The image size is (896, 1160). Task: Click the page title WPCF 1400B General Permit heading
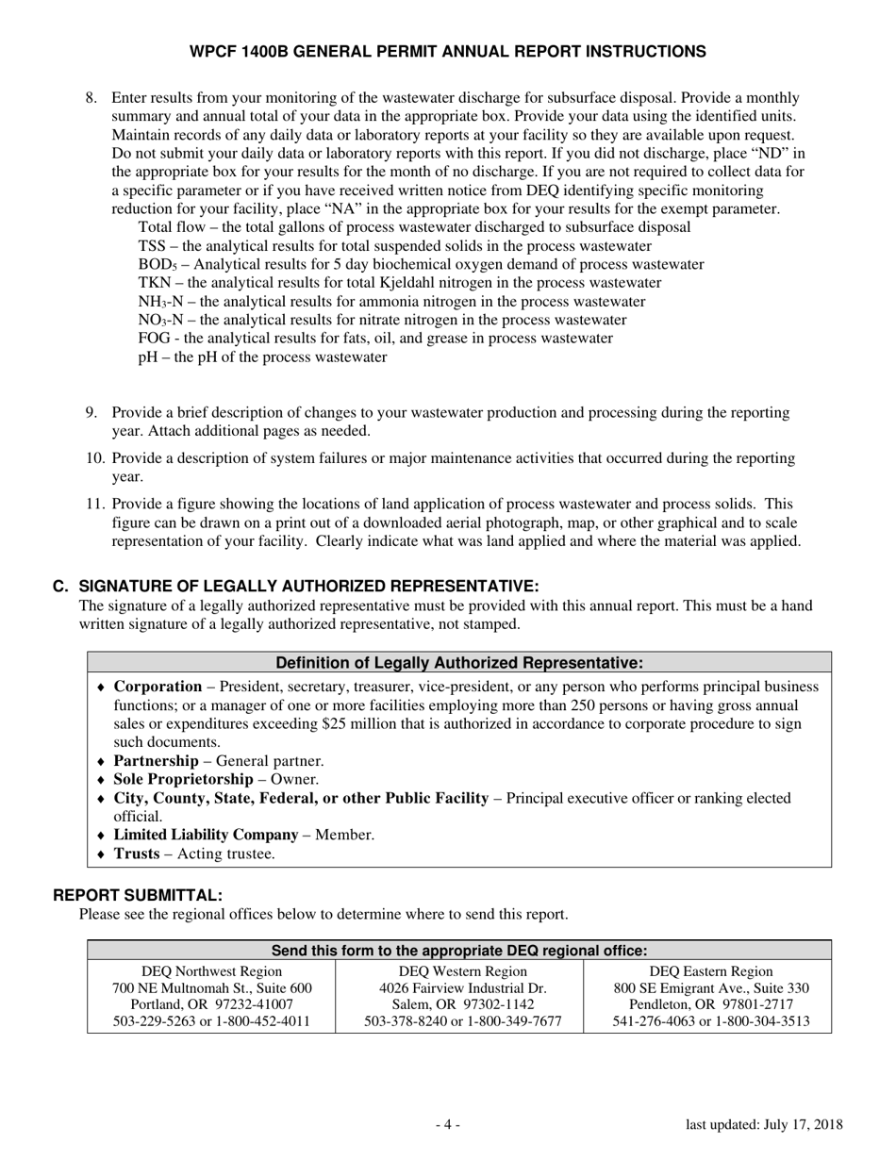click(x=447, y=51)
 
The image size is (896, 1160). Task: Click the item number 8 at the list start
click(x=91, y=98)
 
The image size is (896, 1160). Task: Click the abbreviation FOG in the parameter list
click(x=154, y=339)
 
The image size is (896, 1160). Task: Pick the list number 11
click(x=94, y=505)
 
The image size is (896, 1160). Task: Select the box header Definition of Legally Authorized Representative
click(x=459, y=662)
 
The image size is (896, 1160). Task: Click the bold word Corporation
click(x=158, y=687)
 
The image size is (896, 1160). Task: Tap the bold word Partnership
click(x=156, y=761)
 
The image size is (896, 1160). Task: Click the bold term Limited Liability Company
click(x=206, y=835)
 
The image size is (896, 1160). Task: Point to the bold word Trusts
click(x=136, y=853)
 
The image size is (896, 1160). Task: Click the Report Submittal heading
click(x=138, y=895)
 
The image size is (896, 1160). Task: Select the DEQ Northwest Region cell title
click(x=211, y=970)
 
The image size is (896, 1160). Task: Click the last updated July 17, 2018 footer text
click(x=764, y=1124)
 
